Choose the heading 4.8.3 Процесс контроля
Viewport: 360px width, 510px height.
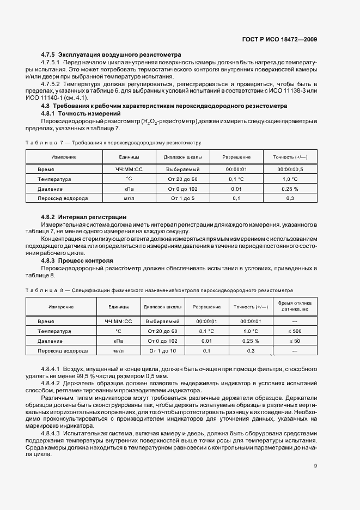[x=77, y=260]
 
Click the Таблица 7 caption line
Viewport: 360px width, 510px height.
[x=113, y=143]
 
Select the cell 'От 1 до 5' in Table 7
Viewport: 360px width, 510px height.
[x=182, y=198]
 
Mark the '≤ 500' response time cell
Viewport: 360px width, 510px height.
[x=295, y=331]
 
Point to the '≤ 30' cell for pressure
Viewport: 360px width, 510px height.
[x=295, y=341]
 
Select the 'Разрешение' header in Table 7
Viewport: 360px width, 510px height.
[x=236, y=157]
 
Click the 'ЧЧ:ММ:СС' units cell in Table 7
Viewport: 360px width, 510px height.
[x=129, y=169]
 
